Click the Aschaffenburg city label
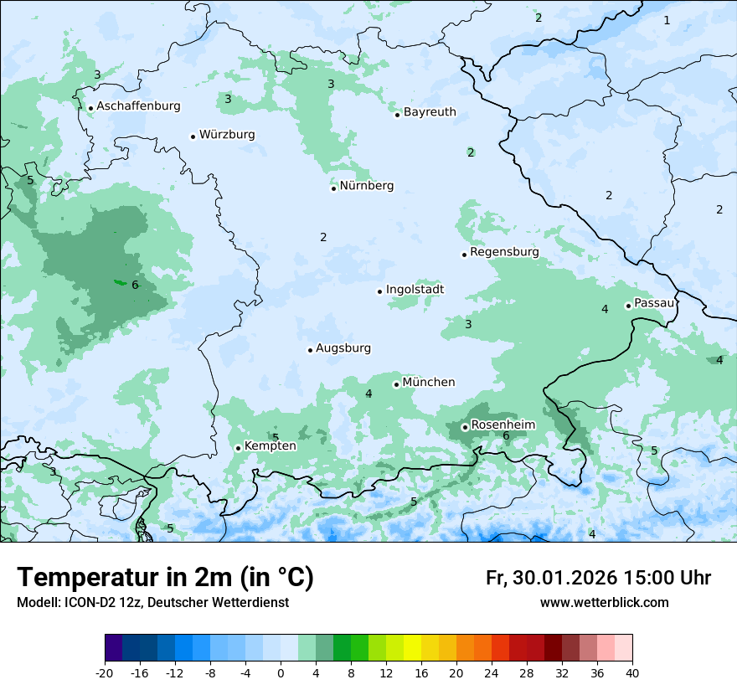click(138, 106)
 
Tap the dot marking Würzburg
click(193, 136)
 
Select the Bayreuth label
click(430, 111)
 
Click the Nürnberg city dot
click(333, 188)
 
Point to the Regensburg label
click(504, 251)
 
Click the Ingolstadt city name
click(415, 290)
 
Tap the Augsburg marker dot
click(310, 350)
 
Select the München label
click(429, 382)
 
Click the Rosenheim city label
click(502, 425)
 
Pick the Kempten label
click(270, 445)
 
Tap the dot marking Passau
click(628, 306)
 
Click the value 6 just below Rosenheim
click(506, 436)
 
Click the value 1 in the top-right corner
click(667, 20)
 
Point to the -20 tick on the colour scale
click(105, 672)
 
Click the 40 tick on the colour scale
click(631, 672)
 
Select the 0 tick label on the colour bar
click(281, 672)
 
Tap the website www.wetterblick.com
click(604, 603)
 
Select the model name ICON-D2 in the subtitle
click(85, 603)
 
